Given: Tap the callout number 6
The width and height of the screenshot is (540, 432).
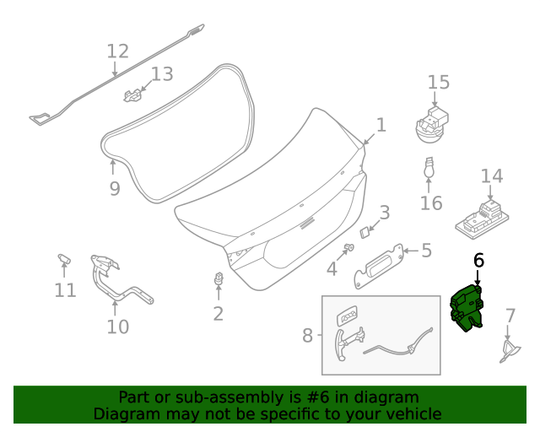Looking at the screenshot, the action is click(478, 261).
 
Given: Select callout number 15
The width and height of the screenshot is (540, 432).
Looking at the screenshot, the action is click(439, 82).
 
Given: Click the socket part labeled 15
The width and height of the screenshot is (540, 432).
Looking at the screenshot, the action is click(431, 125).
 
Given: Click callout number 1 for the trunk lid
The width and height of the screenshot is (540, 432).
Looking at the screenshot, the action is click(381, 125).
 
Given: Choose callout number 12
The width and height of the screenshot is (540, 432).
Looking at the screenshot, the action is click(117, 51).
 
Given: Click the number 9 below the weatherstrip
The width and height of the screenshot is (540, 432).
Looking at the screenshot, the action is click(115, 189).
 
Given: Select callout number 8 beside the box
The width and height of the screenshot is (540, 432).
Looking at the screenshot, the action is click(307, 335).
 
